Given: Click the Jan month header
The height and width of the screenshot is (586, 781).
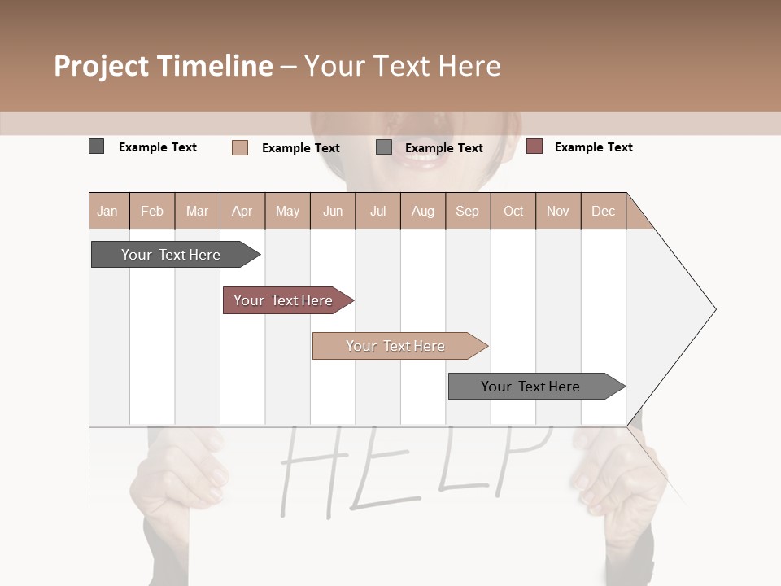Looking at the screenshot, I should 107,211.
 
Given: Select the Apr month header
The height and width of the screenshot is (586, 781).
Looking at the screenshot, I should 242,211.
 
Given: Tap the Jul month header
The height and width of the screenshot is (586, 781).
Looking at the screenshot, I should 377,211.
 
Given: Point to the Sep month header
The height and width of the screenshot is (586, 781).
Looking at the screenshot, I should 467,211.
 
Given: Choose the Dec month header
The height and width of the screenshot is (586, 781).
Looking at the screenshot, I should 603,211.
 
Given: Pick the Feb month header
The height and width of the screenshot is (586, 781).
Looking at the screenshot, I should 152,211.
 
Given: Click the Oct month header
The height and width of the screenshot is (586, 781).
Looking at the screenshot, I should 513,211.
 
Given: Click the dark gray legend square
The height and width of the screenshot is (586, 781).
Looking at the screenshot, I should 96,146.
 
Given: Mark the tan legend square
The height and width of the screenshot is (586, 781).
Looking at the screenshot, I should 239,147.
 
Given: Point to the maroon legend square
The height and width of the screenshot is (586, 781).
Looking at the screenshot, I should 534,146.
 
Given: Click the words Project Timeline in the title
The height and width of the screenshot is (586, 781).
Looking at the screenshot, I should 163,66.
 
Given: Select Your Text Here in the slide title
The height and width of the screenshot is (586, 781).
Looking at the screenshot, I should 402,66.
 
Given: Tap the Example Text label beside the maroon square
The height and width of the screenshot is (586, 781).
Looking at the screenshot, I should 593,147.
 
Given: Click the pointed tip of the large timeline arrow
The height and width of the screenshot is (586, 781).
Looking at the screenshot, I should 714,309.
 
